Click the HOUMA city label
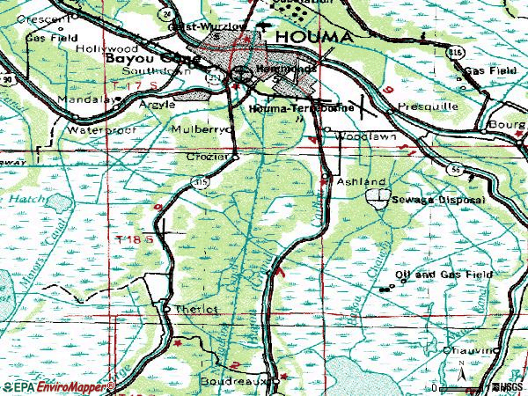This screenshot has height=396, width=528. point(314,36)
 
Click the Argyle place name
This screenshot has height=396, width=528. point(158,104)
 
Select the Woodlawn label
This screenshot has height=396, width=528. point(358,137)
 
